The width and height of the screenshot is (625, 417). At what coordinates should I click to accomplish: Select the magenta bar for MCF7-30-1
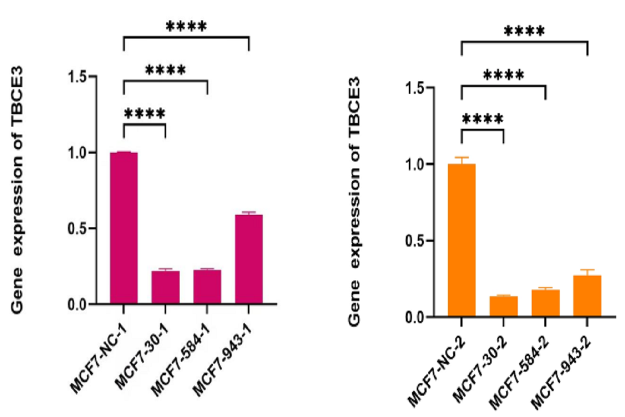(x=166, y=287)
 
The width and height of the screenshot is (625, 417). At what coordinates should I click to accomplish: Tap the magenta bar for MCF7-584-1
(x=207, y=287)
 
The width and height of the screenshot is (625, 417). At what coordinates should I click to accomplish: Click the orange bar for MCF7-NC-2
(x=462, y=240)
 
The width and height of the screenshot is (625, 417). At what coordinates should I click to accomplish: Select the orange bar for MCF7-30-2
(x=504, y=306)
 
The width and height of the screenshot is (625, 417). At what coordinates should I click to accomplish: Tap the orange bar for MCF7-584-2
(x=545, y=303)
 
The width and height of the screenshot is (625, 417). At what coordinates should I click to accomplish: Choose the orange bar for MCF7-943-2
(x=587, y=296)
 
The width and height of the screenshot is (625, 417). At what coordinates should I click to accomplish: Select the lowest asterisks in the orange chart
(x=483, y=119)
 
